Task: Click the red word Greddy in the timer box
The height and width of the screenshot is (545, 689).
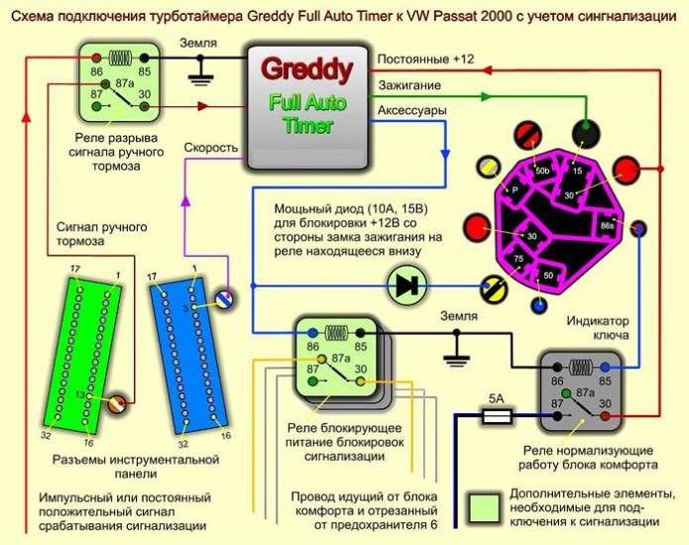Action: (x=305, y=70)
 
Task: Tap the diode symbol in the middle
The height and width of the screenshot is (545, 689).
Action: (x=405, y=285)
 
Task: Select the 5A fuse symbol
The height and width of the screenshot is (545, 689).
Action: (x=496, y=418)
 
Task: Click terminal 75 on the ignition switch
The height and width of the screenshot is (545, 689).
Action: (x=517, y=260)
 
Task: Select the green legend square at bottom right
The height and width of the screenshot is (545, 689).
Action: (x=484, y=505)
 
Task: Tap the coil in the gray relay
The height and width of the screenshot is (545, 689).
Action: (x=580, y=366)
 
